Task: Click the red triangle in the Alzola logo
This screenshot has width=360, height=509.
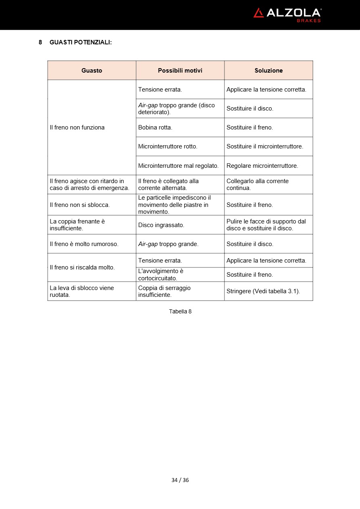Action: [258, 13]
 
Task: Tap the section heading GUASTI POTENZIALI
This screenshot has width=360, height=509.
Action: [80, 42]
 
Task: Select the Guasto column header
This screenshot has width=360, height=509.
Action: [92, 70]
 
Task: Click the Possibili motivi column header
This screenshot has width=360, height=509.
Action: [180, 70]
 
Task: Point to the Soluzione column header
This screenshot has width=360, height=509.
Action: [268, 70]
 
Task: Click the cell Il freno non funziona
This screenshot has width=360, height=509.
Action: [77, 127]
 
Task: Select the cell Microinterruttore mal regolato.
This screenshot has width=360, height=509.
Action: [178, 166]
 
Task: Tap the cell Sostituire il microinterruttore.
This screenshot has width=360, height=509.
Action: [264, 146]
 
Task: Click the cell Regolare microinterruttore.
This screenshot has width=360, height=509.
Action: [262, 166]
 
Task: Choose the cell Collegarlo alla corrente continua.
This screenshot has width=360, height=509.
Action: [257, 184]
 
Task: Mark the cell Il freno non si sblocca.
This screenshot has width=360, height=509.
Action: [80, 205]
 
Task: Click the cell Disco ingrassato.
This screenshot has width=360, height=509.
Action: [161, 225]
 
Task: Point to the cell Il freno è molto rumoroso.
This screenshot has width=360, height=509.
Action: [84, 244]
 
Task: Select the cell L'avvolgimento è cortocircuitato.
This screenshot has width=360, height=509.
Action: [161, 275]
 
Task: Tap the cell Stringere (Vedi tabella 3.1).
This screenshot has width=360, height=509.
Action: [263, 291]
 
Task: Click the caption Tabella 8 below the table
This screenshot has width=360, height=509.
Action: [180, 311]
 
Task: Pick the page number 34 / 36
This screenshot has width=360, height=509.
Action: [180, 480]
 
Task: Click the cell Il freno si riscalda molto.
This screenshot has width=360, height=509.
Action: [82, 267]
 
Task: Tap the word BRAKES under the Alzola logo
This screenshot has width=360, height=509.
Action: [309, 21]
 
